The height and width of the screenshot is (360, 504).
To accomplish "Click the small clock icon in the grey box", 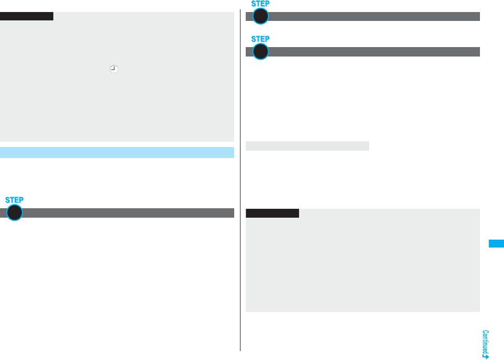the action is pyautogui.click(x=113, y=68).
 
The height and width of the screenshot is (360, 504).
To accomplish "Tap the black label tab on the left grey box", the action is pyautogui.click(x=27, y=16).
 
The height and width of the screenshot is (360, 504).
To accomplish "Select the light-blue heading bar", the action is pyautogui.click(x=117, y=152).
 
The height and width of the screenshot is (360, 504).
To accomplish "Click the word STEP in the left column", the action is pyautogui.click(x=15, y=200).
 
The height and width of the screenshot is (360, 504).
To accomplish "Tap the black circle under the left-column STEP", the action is pyautogui.click(x=15, y=212).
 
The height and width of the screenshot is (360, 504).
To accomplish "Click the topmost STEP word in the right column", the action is pyautogui.click(x=260, y=4).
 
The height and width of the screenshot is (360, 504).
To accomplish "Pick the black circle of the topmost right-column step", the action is pyautogui.click(x=260, y=16).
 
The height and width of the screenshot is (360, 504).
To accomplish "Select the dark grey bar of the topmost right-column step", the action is pyautogui.click(x=374, y=16).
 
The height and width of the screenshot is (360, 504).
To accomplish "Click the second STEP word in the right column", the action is pyautogui.click(x=260, y=39).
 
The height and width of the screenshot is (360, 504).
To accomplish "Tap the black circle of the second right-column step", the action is pyautogui.click(x=260, y=51).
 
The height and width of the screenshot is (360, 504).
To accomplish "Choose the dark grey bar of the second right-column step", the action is pyautogui.click(x=374, y=51).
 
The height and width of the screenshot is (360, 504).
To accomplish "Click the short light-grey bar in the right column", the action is pyautogui.click(x=307, y=145).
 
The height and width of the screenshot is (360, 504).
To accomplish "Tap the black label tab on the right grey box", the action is pyautogui.click(x=272, y=213).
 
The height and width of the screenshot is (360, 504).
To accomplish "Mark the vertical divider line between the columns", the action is pyautogui.click(x=240, y=178).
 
